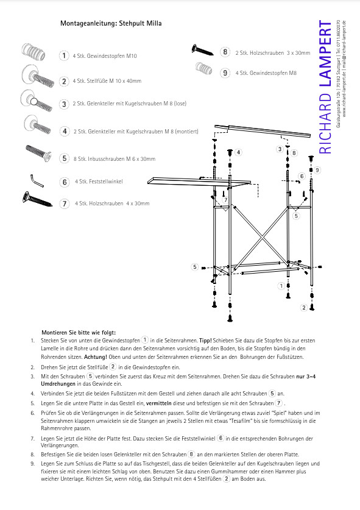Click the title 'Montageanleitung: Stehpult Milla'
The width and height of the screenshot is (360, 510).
pyautogui.click(x=111, y=23)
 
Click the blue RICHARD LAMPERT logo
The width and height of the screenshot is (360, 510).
pyautogui.click(x=325, y=87)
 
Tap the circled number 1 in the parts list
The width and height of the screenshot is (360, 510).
pyautogui.click(x=64, y=55)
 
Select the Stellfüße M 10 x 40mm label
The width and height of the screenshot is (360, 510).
pyautogui.click(x=107, y=81)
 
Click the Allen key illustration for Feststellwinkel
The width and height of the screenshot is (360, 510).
pyautogui.click(x=37, y=181)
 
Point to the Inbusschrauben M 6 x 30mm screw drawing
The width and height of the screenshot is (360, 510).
pyautogui.click(x=38, y=153)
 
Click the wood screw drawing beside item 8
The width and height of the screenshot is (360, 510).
pyautogui.click(x=202, y=50)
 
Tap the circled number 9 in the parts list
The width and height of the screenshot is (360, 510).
pyautogui.click(x=225, y=73)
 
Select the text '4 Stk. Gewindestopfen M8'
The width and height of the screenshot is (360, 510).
pyautogui.click(x=266, y=73)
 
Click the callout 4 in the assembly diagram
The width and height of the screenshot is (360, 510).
pyautogui.click(x=238, y=152)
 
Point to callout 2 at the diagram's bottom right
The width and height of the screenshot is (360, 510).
pyautogui.click(x=304, y=307)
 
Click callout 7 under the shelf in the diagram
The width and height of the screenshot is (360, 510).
pyautogui.click(x=225, y=200)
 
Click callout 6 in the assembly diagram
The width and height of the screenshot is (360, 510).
pyautogui.click(x=302, y=176)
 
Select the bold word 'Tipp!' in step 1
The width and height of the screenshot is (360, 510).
pyautogui.click(x=205, y=341)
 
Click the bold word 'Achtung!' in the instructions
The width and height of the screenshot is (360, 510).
pyautogui.click(x=95, y=357)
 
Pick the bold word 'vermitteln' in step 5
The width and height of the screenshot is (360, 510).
pyautogui.click(x=159, y=403)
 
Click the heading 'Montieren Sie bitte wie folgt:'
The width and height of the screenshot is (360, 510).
pyautogui.click(x=79, y=333)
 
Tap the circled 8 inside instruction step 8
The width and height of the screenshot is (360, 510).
pyautogui.click(x=191, y=454)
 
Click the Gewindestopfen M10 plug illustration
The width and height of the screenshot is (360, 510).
pyautogui.click(x=33, y=52)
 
